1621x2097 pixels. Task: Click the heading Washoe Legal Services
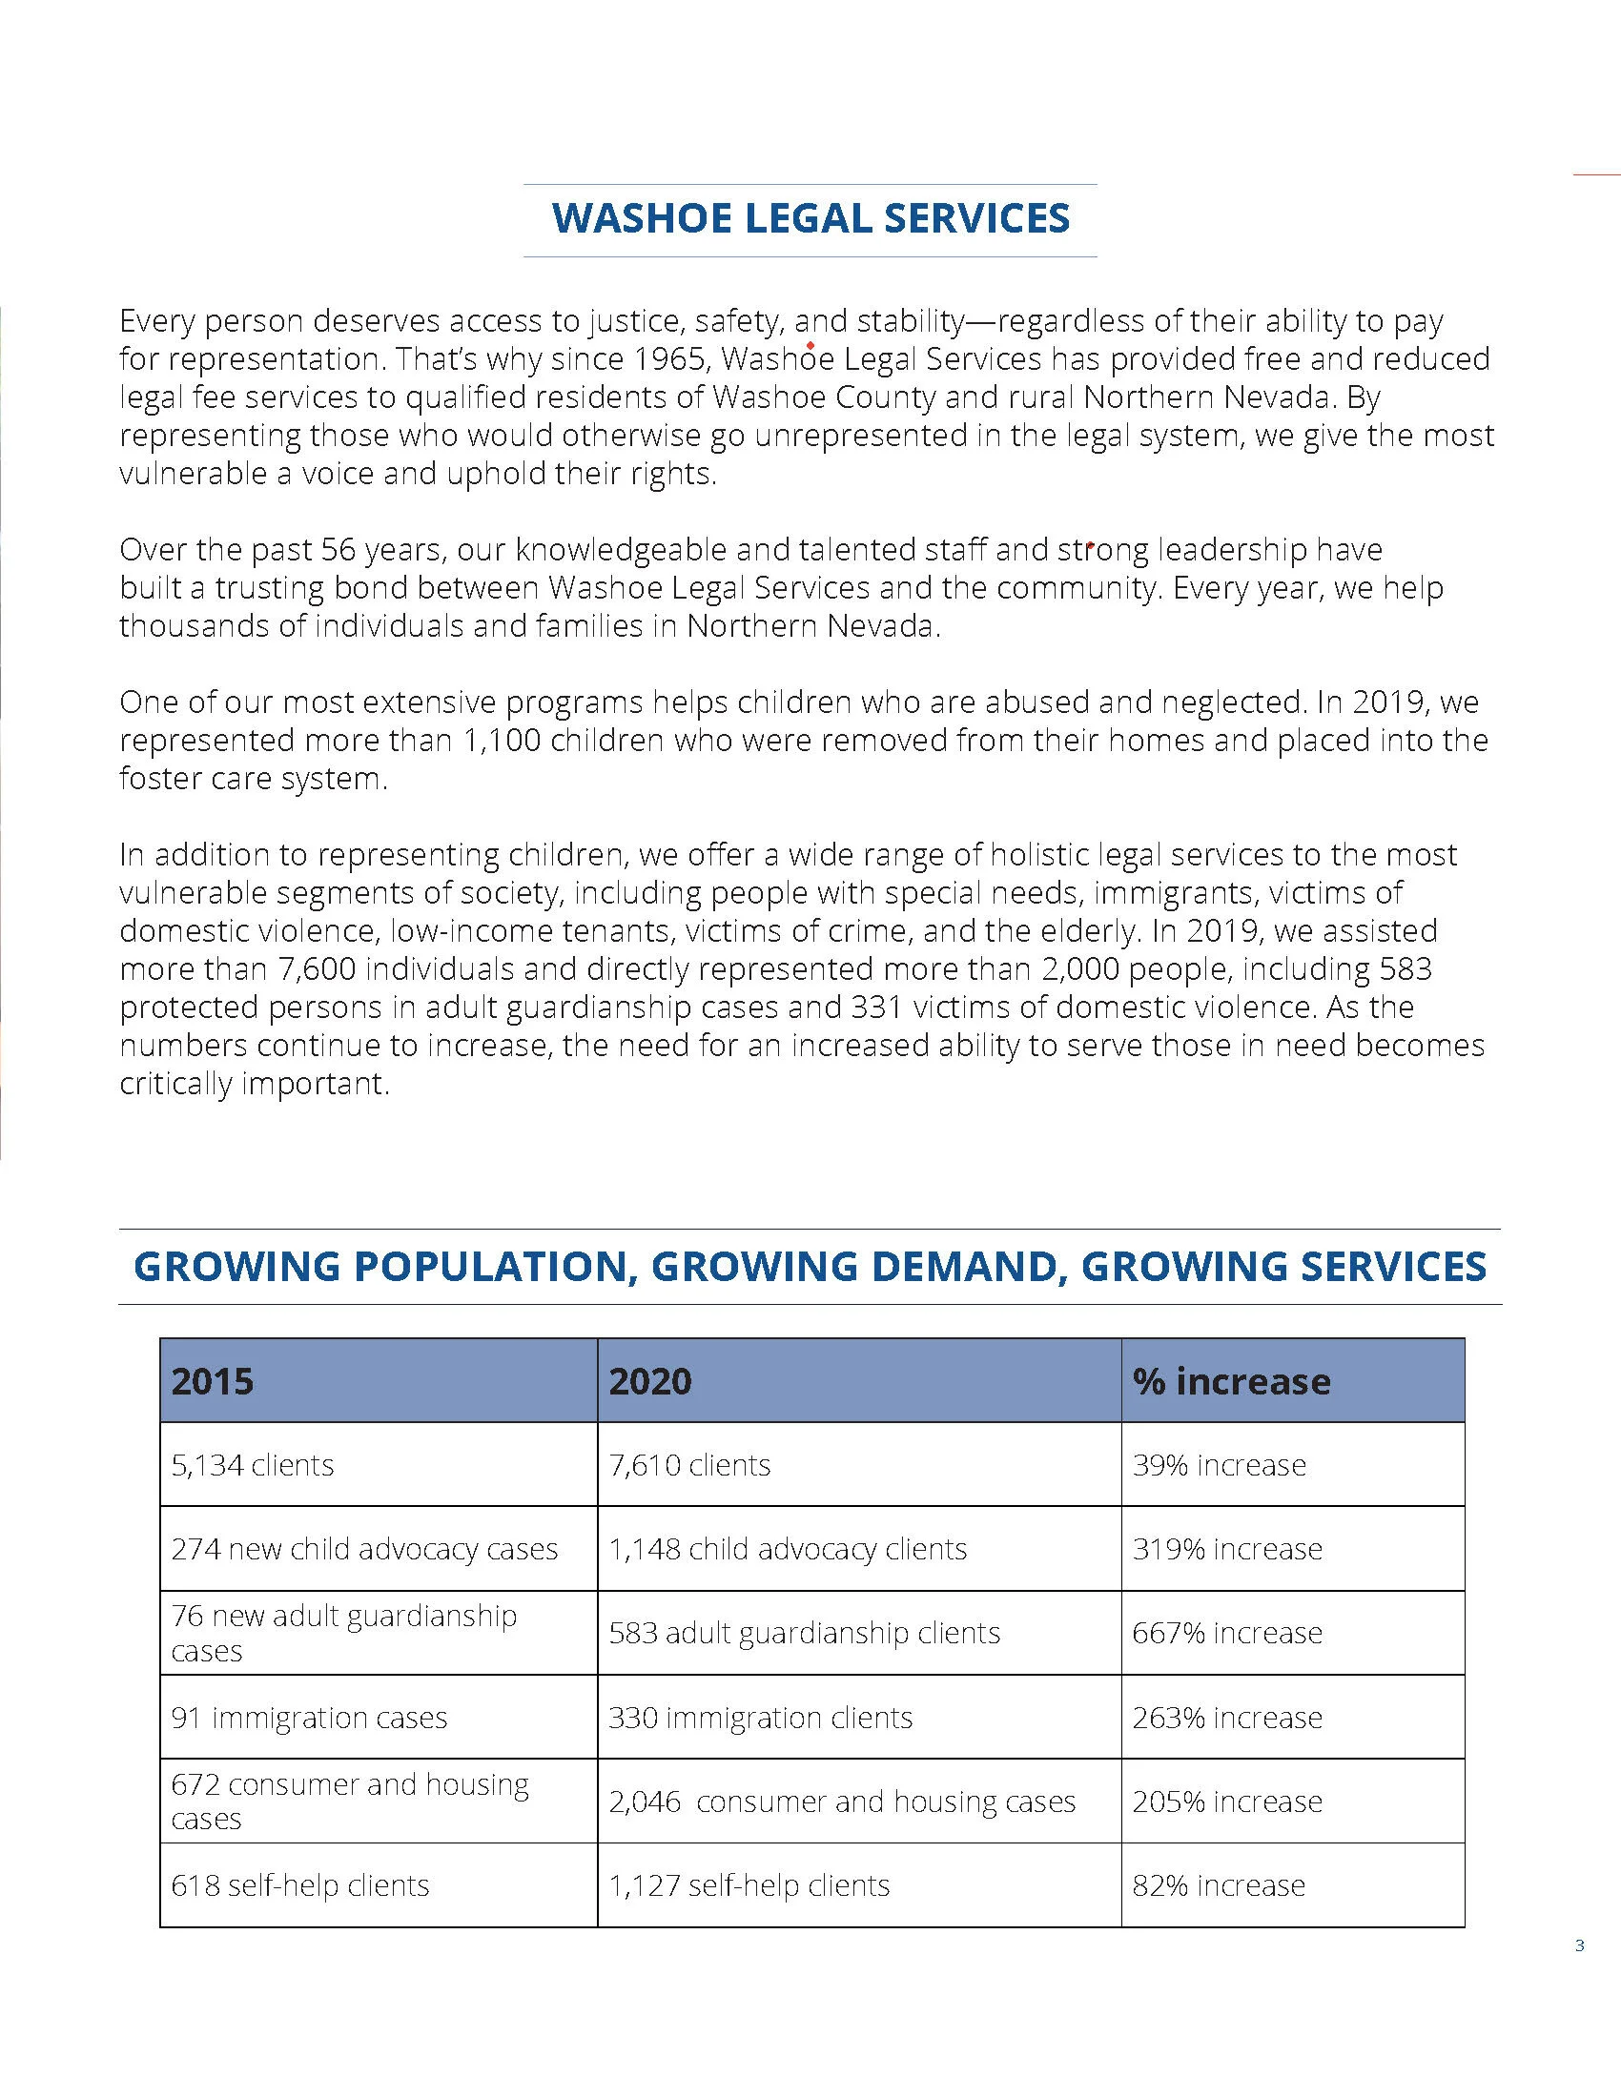(x=810, y=219)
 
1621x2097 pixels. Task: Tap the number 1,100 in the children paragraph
(x=503, y=741)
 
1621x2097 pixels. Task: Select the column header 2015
(x=214, y=1381)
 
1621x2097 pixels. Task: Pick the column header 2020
(x=650, y=1381)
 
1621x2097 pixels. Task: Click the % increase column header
(x=1231, y=1381)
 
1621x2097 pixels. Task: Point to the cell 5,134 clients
(x=253, y=1465)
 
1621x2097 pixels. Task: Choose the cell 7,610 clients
(x=689, y=1465)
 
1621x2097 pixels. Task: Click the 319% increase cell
(x=1227, y=1549)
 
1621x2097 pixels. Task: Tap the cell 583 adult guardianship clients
(x=805, y=1633)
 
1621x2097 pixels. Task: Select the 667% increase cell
(x=1227, y=1633)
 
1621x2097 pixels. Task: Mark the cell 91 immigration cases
(x=309, y=1718)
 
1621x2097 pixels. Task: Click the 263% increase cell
(x=1227, y=1718)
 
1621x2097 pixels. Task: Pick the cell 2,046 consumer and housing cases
(x=842, y=1802)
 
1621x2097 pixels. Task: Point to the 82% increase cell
(x=1219, y=1885)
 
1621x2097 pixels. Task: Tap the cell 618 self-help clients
(x=299, y=1885)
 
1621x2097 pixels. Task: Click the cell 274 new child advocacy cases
(x=365, y=1549)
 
